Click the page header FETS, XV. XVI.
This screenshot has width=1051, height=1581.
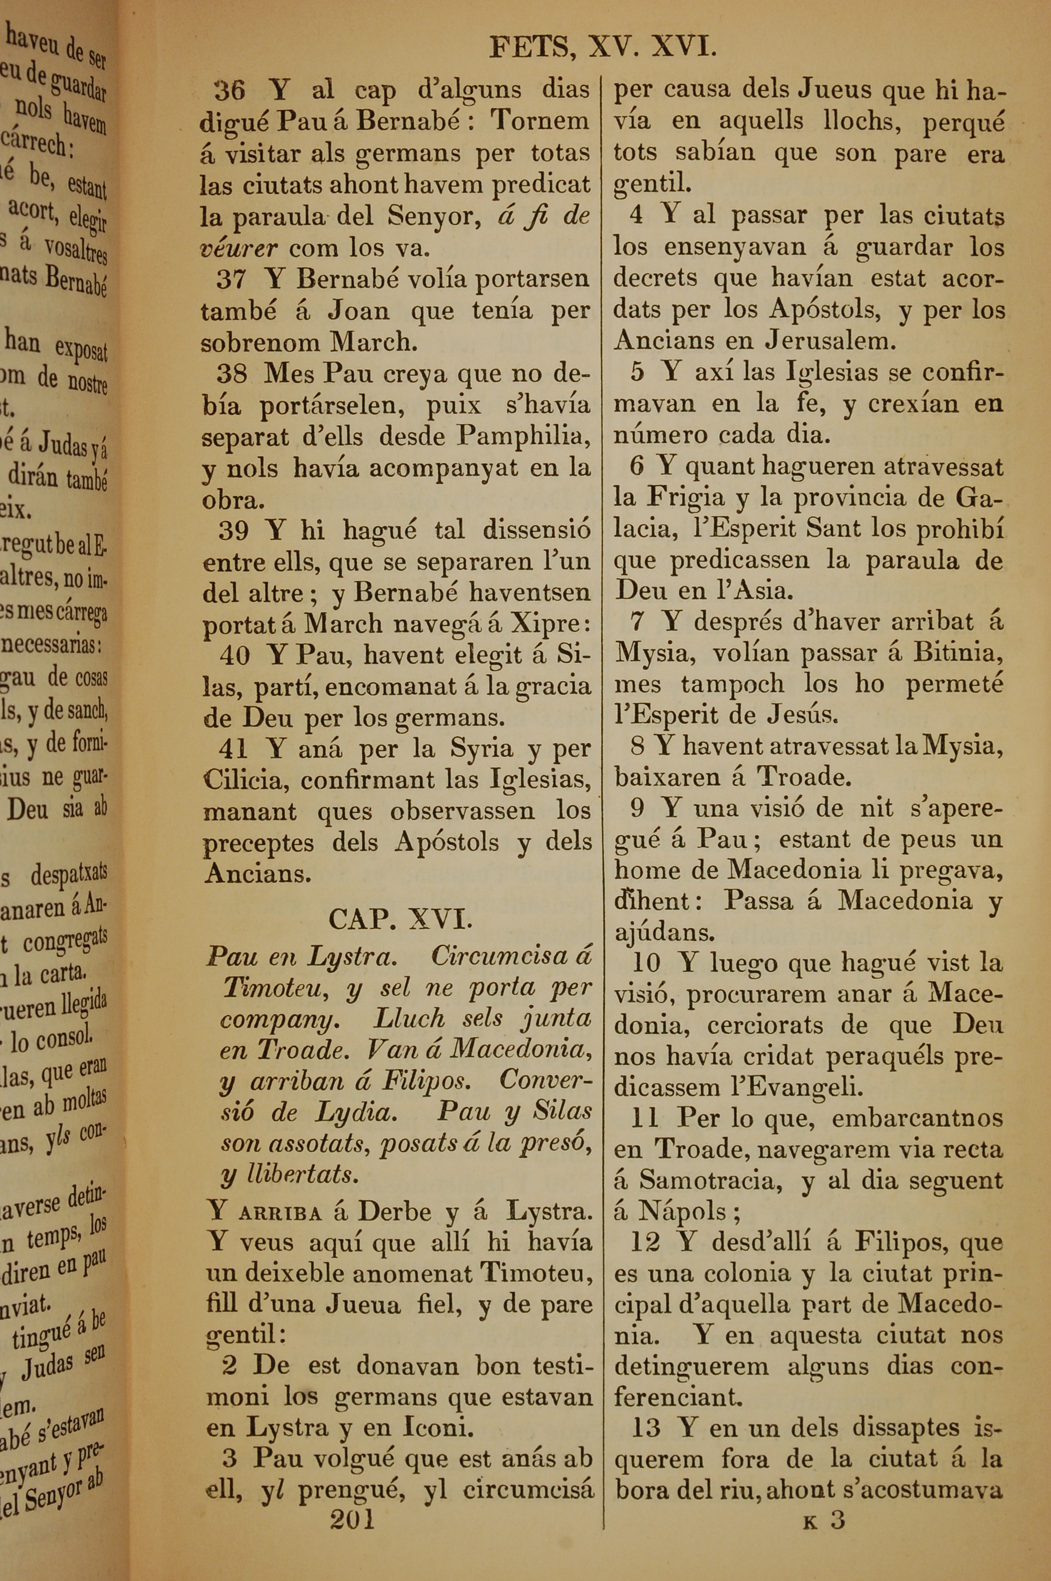604,48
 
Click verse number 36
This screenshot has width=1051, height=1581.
230,90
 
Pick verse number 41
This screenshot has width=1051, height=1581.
233,748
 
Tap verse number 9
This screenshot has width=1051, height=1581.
637,808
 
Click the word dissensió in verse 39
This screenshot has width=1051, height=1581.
536,531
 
